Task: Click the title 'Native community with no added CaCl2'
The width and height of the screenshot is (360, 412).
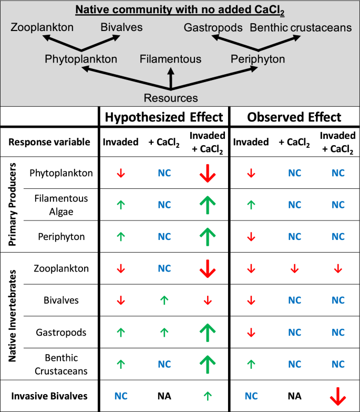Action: pos(180,9)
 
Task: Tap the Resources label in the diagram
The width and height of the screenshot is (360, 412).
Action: pos(171,98)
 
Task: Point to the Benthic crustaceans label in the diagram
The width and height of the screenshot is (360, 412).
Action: pos(301,27)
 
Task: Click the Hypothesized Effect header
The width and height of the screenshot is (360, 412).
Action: pos(163,117)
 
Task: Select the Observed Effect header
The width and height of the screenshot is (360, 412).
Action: pos(294,117)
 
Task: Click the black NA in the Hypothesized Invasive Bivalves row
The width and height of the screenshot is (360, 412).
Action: pos(164,396)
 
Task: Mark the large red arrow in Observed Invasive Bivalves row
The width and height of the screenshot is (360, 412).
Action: pos(337,396)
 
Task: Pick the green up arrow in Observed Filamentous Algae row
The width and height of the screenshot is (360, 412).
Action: pos(251,205)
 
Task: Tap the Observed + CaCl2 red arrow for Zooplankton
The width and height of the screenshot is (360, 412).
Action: pos(294,269)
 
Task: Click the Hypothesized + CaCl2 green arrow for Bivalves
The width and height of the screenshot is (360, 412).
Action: pos(164,300)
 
